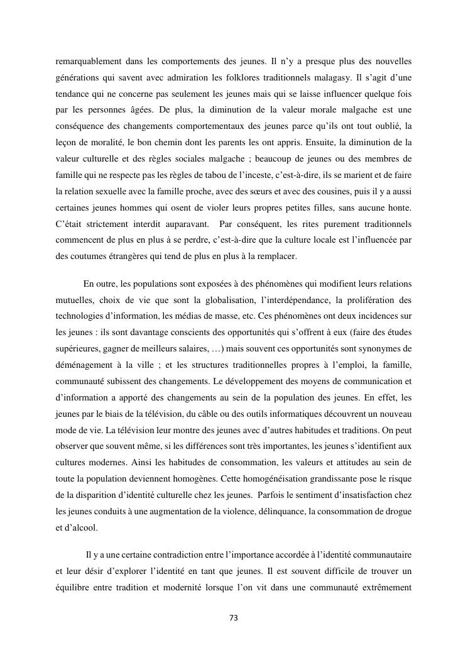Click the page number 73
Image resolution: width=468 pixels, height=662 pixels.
[x=234, y=618]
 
